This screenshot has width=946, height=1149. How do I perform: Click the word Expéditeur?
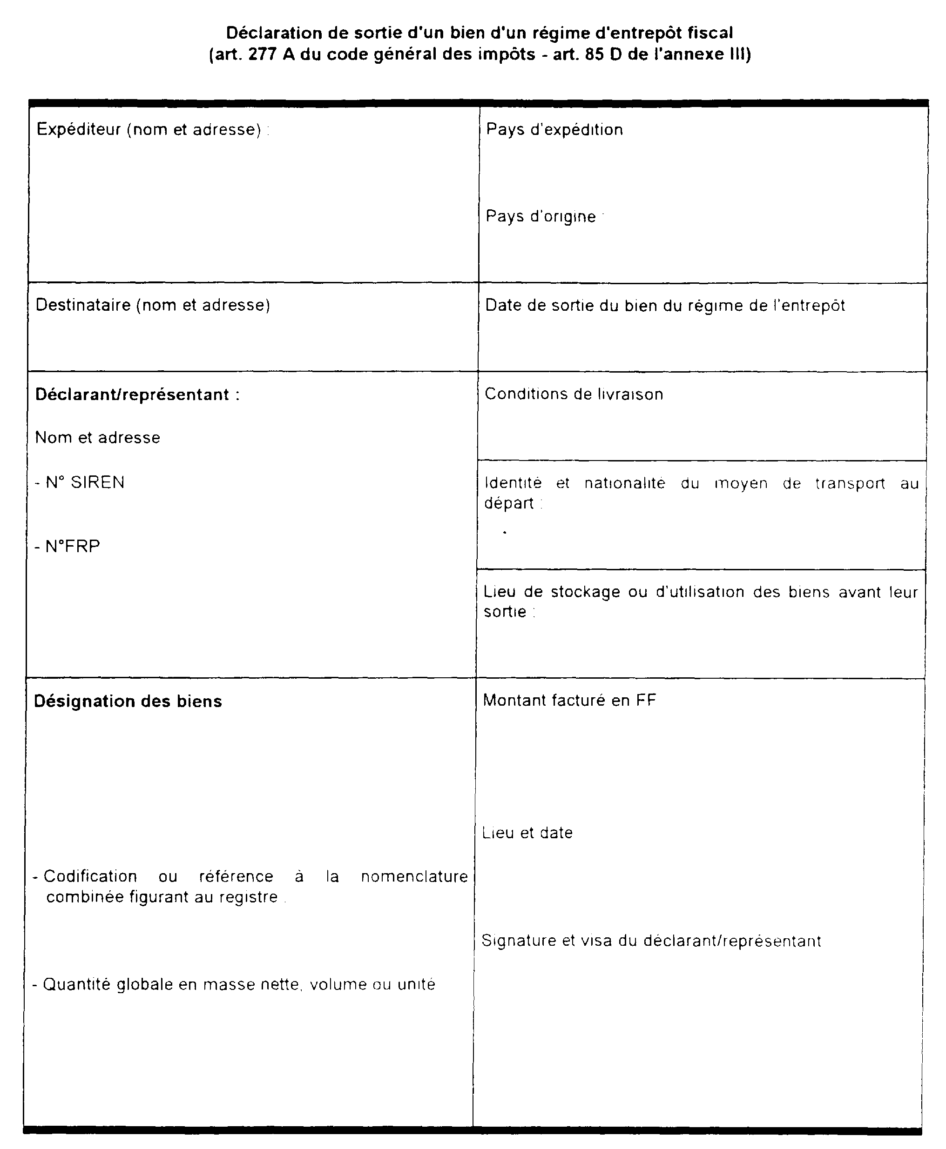point(79,130)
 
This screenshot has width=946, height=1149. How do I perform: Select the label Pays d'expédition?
point(554,130)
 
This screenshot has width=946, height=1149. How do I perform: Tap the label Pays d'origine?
point(541,217)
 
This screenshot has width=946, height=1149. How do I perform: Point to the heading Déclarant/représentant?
point(132,394)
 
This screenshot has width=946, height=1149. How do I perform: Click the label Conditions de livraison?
point(574,394)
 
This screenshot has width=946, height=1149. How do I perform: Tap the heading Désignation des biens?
point(128,701)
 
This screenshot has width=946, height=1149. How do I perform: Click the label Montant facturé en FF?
point(569,700)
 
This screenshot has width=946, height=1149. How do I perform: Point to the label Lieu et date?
point(527,833)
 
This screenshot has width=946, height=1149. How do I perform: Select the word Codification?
point(90,876)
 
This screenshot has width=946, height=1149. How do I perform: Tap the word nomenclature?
point(414,876)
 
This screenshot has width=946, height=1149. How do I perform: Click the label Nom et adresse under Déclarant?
point(98,438)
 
